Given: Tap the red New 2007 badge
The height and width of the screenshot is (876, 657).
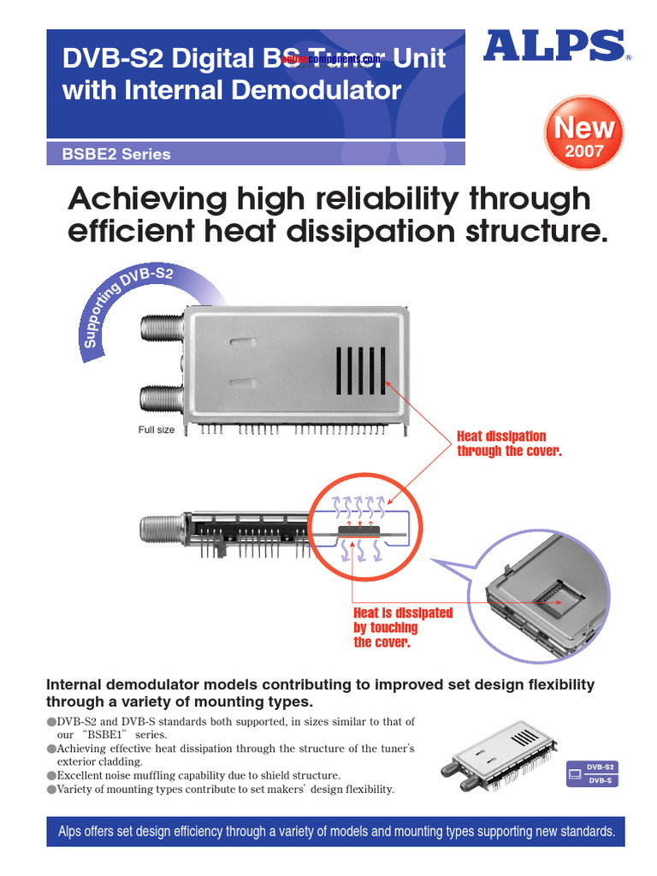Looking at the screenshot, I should tap(584, 137).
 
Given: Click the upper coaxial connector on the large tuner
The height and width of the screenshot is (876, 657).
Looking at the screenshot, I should tap(159, 327).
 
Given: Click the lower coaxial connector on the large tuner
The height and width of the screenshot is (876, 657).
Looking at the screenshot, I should tap(159, 399).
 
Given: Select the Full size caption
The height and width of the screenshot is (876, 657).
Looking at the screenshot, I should tap(157, 429).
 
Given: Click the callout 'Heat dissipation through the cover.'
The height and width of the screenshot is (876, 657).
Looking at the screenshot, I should tap(509, 443).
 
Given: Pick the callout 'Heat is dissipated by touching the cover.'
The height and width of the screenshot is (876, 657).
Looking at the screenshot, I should tap(403, 627).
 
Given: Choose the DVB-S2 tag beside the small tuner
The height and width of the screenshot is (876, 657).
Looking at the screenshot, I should tap(600, 767).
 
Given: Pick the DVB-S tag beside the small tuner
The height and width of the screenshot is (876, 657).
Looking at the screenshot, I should tap(600, 780).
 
